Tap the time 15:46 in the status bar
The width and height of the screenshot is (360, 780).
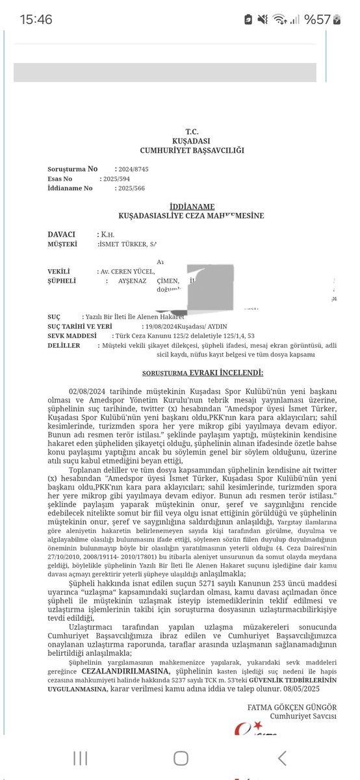pos(36,20)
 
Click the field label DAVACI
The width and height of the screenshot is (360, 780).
pos(62,234)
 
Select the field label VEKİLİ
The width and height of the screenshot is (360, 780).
pos(60,272)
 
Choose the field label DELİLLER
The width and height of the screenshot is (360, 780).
pos(64,345)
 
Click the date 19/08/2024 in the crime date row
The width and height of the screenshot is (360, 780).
pos(162,326)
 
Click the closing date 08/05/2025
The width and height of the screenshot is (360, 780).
pos(313,687)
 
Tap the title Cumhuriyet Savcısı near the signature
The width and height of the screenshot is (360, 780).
pos(302,716)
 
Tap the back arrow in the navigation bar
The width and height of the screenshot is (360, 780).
pos(281,757)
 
